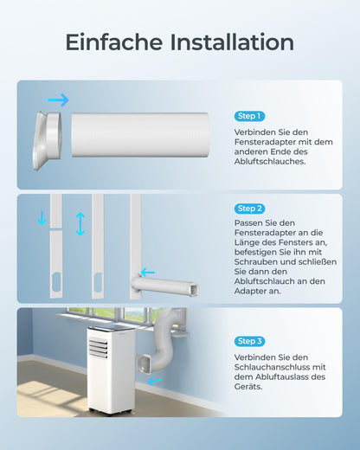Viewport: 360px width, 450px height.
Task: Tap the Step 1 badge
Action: pos(249,116)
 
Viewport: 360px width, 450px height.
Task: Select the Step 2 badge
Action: pos(249,209)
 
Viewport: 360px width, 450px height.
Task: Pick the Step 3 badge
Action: pos(249,341)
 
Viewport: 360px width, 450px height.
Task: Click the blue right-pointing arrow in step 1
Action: pos(58,100)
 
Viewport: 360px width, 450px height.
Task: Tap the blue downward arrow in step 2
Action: pos(42,218)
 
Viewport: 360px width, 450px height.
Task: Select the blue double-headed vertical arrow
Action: pos(80,224)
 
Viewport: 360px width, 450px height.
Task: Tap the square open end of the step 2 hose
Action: pos(195,288)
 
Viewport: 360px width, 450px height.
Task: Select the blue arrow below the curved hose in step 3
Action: pos(156,381)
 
